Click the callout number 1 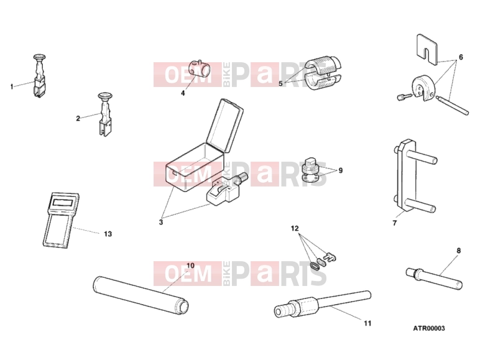tap(12, 87)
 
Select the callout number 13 tap(108, 234)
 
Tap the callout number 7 tap(395, 223)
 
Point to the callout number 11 tap(367, 323)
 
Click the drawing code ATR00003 tap(429, 328)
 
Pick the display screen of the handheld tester tap(62, 202)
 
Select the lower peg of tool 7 tap(420, 205)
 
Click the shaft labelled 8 tap(433, 278)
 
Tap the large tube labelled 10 tap(141, 295)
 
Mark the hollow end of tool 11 tap(279, 312)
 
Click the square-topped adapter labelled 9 tap(311, 170)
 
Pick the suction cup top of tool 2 tap(106, 96)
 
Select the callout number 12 tap(295, 229)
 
